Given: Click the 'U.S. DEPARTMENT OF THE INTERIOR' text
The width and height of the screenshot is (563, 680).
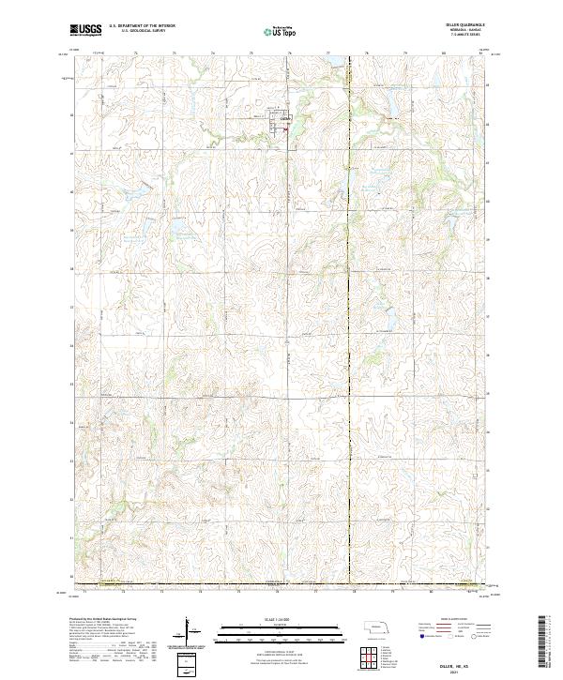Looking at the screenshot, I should coord(142,27).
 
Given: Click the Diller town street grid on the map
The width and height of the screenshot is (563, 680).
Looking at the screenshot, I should coord(284,122).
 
